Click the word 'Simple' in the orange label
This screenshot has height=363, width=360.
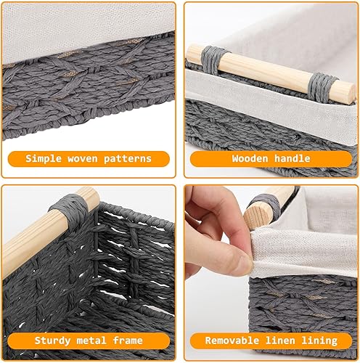(x=44, y=159)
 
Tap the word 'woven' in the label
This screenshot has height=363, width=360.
(x=83, y=159)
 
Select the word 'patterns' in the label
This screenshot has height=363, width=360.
(x=128, y=159)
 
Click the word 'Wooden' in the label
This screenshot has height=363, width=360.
(x=250, y=159)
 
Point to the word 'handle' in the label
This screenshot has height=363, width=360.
(x=292, y=158)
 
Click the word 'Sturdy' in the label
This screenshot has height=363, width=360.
(x=52, y=340)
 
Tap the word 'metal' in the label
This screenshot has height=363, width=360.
(x=91, y=340)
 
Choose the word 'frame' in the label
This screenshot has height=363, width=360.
(x=128, y=340)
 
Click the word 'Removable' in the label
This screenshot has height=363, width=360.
(x=232, y=340)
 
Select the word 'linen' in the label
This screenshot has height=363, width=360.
(x=280, y=340)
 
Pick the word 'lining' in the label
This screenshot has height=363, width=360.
(x=319, y=341)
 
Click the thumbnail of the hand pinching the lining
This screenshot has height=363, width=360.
(x=271, y=273)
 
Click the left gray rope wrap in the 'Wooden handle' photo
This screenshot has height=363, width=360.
(x=213, y=60)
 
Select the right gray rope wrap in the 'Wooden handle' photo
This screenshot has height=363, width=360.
(x=322, y=88)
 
